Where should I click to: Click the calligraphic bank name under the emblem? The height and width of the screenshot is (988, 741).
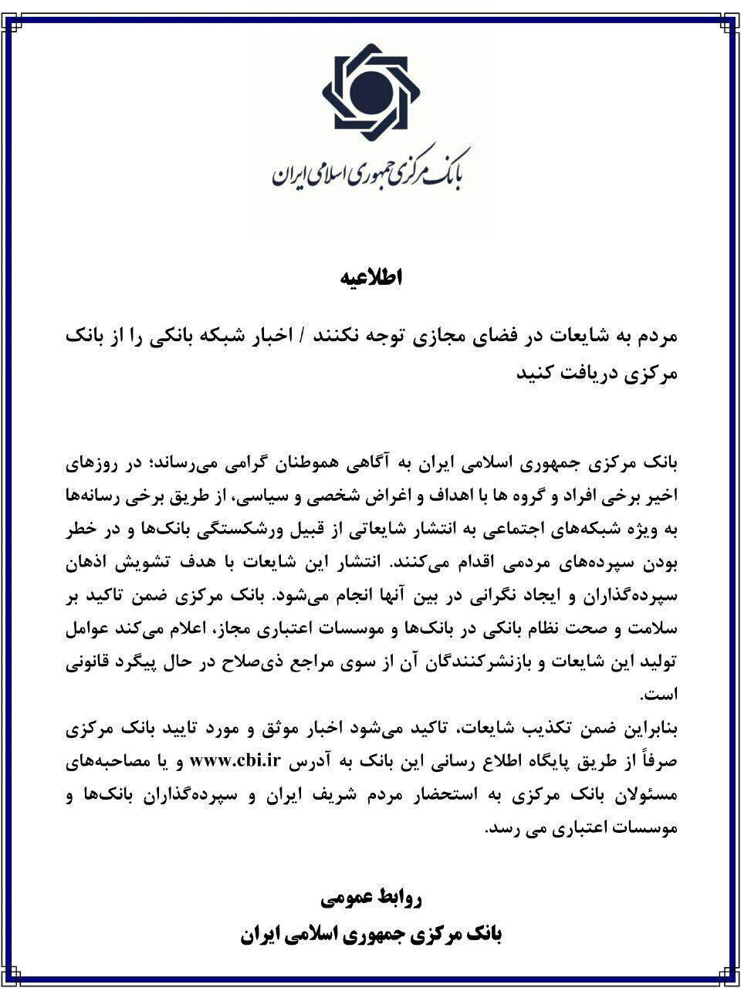[x=370, y=172]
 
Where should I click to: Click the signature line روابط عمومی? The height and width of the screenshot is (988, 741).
[x=370, y=898]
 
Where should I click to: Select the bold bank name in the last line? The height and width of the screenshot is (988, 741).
[x=370, y=936]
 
